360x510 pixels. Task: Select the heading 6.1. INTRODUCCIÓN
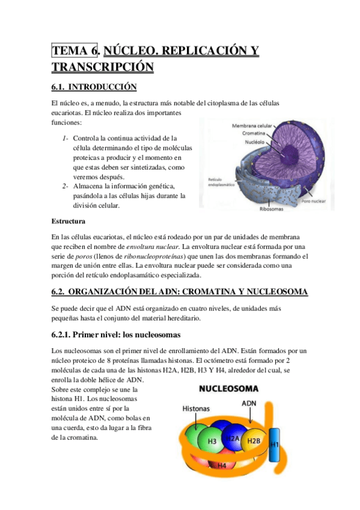pyautogui.click(x=94, y=87)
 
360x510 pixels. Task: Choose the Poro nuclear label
pyautogui.click(x=314, y=198)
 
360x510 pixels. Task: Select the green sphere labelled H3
pyautogui.click(x=212, y=440)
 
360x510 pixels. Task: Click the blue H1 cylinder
pyautogui.click(x=275, y=446)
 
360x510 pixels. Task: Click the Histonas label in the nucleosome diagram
pyautogui.click(x=195, y=408)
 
